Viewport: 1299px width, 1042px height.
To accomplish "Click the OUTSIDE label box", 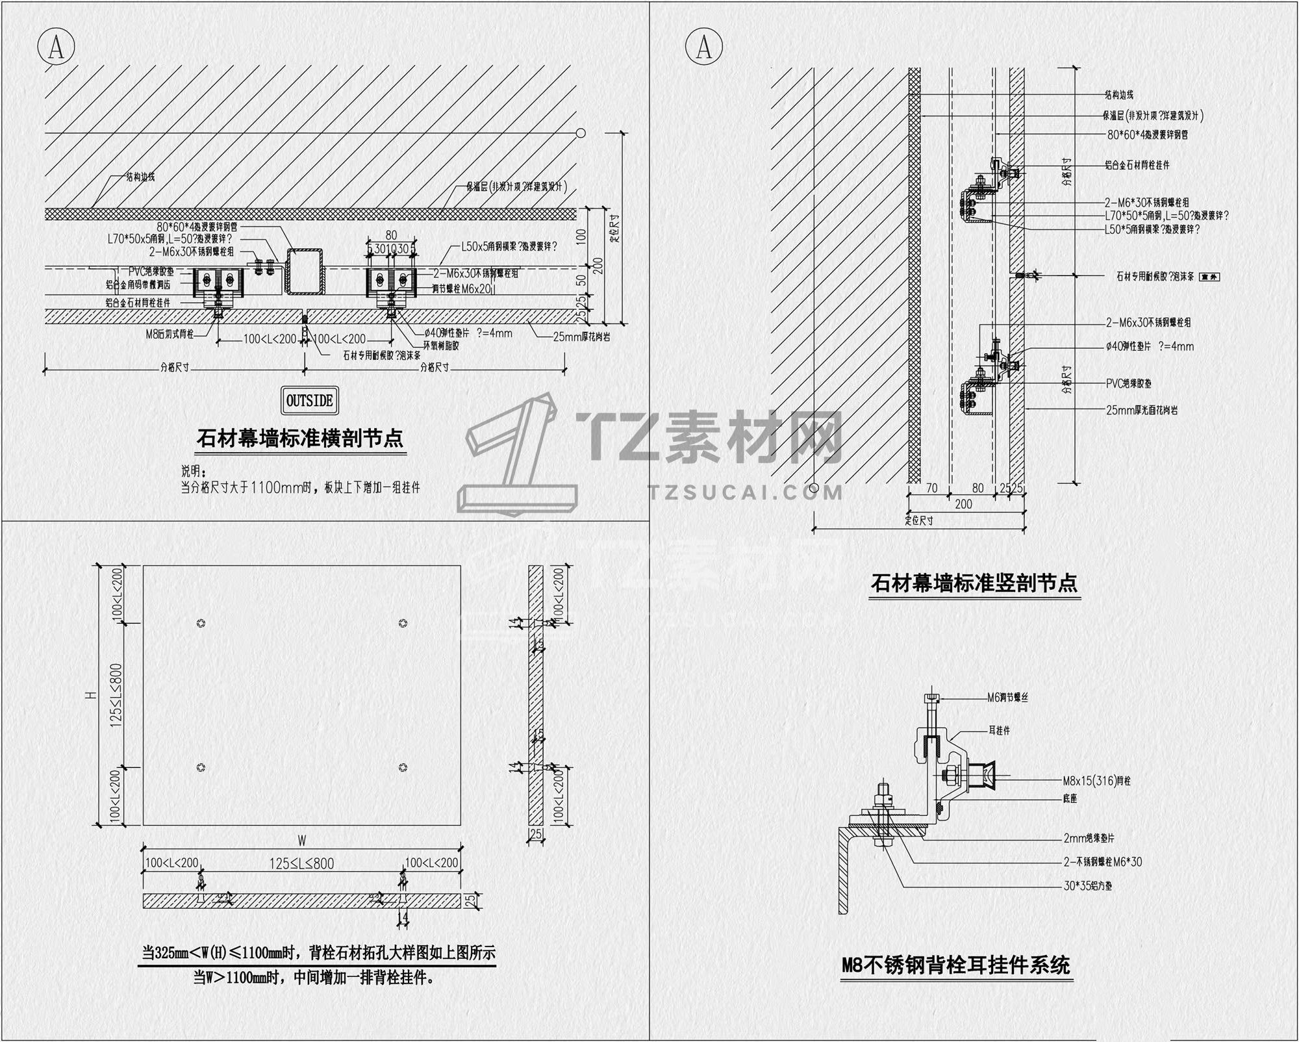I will [309, 401].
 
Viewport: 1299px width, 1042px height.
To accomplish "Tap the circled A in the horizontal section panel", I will [57, 46].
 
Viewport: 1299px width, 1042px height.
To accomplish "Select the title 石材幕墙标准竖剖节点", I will [974, 583].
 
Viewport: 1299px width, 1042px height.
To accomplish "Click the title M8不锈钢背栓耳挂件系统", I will [955, 965].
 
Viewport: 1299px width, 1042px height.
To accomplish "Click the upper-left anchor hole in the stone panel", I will [201, 623].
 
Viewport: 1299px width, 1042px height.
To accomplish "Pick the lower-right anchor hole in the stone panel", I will [403, 767].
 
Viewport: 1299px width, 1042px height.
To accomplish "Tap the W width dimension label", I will [302, 841].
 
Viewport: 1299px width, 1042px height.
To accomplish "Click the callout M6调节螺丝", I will [1007, 698].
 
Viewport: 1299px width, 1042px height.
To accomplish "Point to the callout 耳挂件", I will [999, 730].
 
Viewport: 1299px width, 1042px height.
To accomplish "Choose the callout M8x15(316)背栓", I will [1096, 781].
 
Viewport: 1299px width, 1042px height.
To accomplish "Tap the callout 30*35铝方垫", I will [1087, 885].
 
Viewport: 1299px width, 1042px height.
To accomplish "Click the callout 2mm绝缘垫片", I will [1089, 839].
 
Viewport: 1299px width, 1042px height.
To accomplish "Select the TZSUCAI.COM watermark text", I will [746, 492].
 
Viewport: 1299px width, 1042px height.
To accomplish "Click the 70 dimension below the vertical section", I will [931, 488].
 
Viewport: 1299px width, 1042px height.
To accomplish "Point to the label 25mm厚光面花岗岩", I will [1142, 410].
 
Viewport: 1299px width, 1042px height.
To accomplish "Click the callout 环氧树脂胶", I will [441, 346].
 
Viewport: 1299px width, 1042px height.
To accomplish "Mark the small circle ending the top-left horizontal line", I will [581, 133].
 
